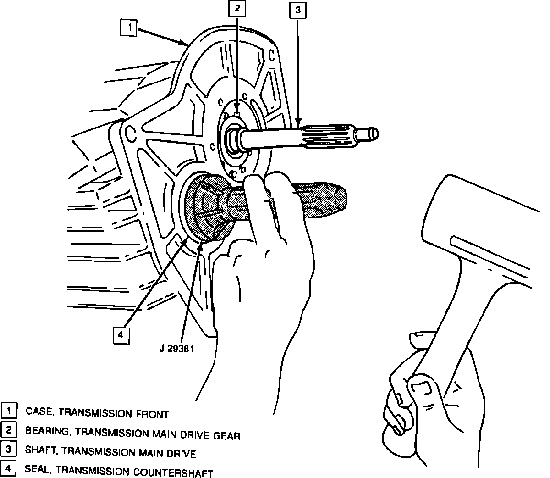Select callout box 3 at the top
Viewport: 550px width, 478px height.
tap(297, 10)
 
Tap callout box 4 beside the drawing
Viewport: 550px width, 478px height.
tap(121, 335)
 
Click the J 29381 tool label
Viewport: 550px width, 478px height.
tap(177, 348)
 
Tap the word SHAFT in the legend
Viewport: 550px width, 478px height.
tap(41, 452)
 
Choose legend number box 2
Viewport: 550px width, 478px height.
tap(9, 430)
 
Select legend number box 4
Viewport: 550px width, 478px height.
tap(9, 469)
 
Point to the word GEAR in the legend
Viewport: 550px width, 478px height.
tap(226, 435)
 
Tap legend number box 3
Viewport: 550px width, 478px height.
tap(9, 450)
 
